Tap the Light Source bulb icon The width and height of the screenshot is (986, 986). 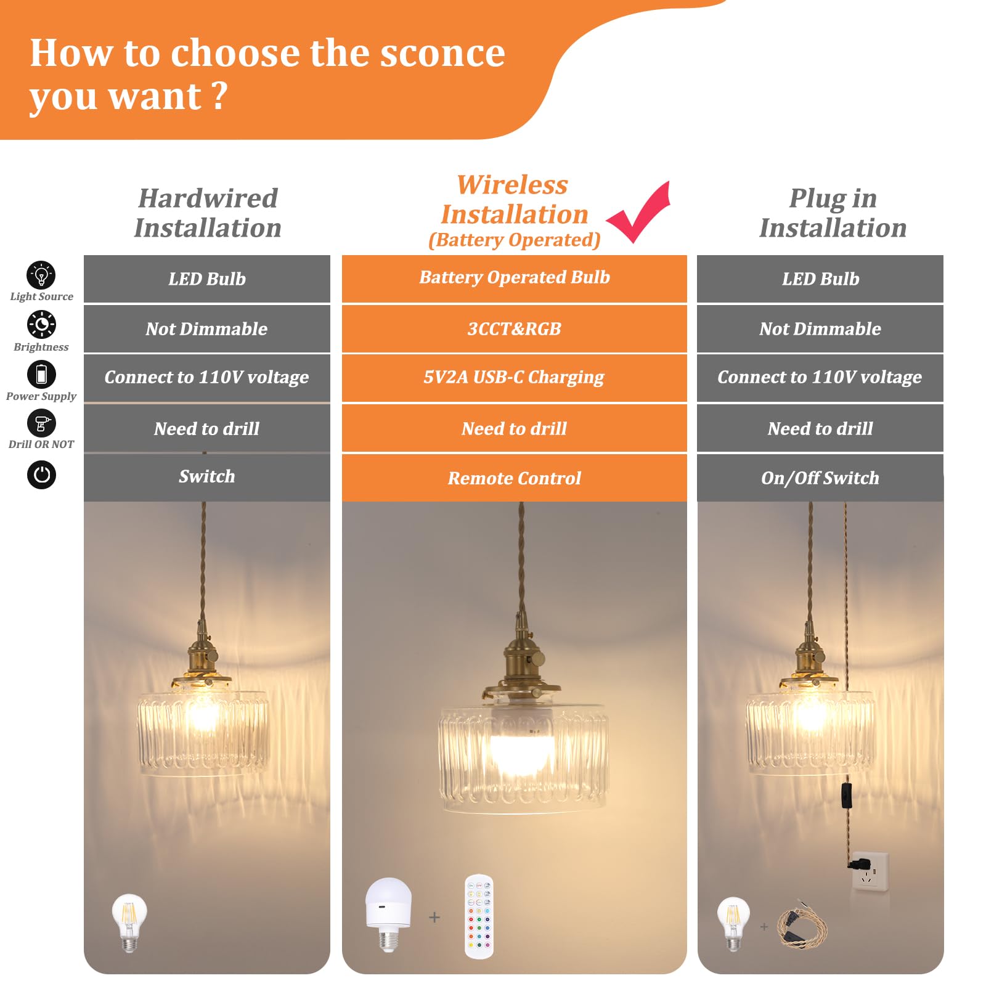(41, 275)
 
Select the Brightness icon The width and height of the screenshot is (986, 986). (41, 324)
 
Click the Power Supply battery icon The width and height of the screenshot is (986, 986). (41, 374)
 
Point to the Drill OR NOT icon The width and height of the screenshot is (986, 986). (41, 423)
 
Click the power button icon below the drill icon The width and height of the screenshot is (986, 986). (41, 475)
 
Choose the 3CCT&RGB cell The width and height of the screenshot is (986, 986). (514, 329)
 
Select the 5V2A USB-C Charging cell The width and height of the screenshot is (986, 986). (514, 377)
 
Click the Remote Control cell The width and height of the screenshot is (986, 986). (514, 478)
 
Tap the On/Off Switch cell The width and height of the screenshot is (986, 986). (820, 478)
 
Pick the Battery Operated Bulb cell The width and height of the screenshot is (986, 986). (514, 278)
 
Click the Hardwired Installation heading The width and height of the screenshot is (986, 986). (208, 213)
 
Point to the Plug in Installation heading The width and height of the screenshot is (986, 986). (833, 213)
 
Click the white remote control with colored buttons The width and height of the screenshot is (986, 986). (479, 916)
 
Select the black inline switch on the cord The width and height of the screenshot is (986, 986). (847, 795)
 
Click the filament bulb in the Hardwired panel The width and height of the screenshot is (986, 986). (129, 921)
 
